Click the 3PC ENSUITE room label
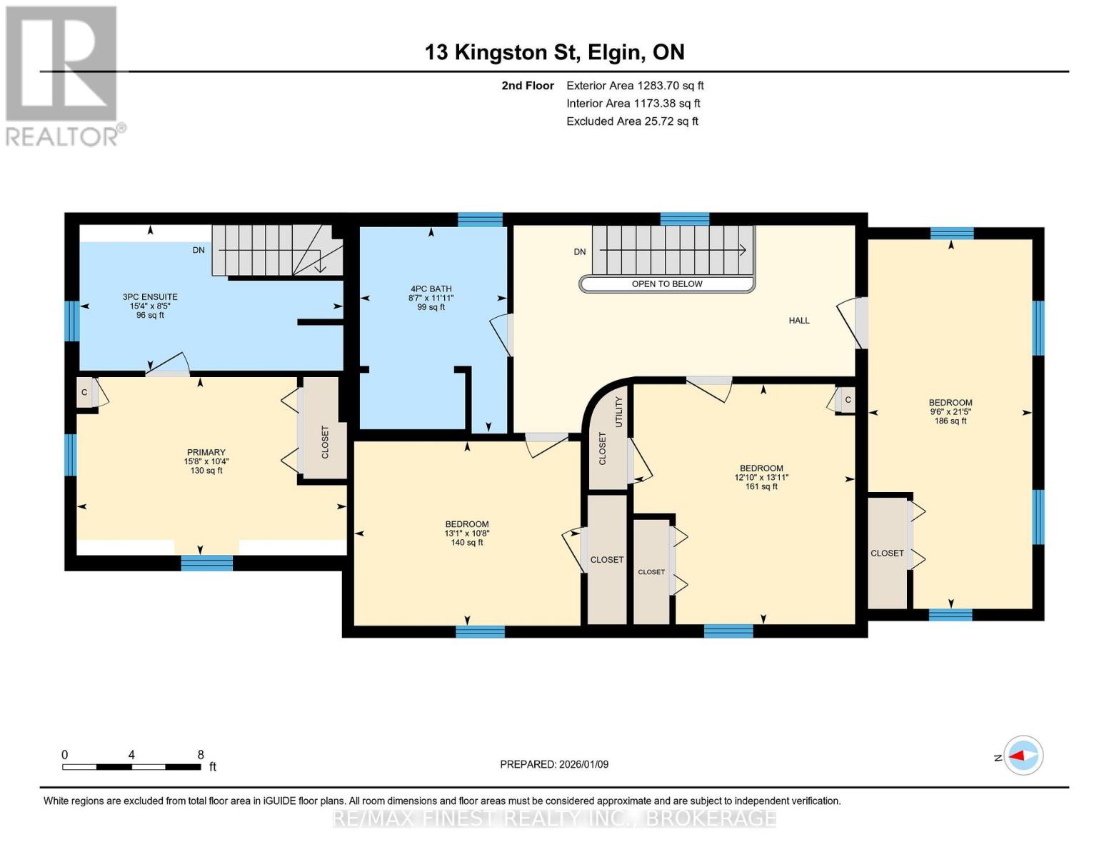[x=150, y=296]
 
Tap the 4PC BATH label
[x=431, y=289]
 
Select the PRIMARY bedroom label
[x=206, y=452]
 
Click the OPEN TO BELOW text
[x=667, y=284]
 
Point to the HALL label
[x=799, y=321]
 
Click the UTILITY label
[x=619, y=412]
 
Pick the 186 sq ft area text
[x=950, y=421]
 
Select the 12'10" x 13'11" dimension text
[x=761, y=478]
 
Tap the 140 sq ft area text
[x=467, y=543]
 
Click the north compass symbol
[x=1023, y=756]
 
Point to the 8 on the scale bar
[x=201, y=754]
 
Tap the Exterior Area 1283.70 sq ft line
[x=635, y=86]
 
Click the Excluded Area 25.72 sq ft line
[x=632, y=121]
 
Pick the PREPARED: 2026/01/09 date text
[x=554, y=764]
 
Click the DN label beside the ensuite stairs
[x=199, y=250]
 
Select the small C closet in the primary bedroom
[x=85, y=393]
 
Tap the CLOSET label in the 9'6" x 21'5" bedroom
[x=887, y=553]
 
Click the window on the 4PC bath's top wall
[x=481, y=219]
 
